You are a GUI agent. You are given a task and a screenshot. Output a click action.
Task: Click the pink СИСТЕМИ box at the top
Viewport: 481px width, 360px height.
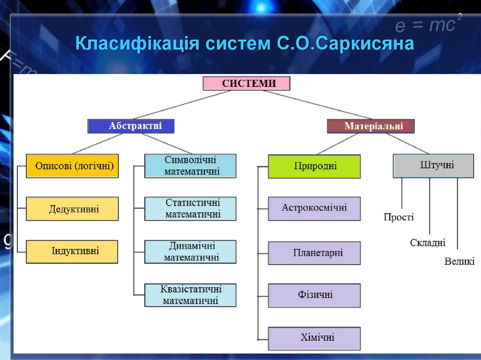click(247, 84)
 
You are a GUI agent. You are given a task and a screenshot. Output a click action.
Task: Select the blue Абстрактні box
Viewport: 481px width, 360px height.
click(131, 126)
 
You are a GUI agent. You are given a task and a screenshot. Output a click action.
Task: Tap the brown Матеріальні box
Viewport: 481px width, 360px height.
click(371, 126)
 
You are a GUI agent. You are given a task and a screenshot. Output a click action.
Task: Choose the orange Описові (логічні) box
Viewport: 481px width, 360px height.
click(72, 166)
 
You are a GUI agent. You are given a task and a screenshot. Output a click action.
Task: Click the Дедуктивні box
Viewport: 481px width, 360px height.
click(72, 209)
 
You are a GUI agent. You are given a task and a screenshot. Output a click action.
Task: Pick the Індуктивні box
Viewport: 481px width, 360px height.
click(72, 251)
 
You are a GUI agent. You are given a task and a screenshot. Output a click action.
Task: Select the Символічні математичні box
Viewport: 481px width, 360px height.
click(190, 166)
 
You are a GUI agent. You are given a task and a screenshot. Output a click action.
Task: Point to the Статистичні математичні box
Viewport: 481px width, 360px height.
click(190, 209)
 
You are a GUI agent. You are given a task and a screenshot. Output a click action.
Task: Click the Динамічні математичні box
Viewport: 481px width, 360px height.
click(190, 252)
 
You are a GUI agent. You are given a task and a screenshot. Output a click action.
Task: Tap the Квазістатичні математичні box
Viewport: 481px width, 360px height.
click(190, 295)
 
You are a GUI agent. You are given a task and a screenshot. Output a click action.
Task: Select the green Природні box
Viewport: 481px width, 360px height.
click(314, 166)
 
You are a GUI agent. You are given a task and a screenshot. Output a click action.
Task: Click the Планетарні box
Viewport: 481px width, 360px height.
click(314, 253)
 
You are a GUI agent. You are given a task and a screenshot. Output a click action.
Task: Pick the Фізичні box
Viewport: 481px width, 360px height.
click(314, 295)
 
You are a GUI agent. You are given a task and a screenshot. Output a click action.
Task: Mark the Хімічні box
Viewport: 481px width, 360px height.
click(314, 338)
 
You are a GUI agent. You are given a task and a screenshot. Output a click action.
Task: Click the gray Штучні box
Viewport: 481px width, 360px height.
click(434, 166)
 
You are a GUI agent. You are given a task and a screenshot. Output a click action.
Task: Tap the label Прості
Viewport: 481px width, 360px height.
click(398, 217)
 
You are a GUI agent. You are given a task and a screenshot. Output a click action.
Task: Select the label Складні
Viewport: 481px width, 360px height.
click(427, 243)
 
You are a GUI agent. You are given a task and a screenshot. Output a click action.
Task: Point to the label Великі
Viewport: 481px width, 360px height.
click(459, 261)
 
